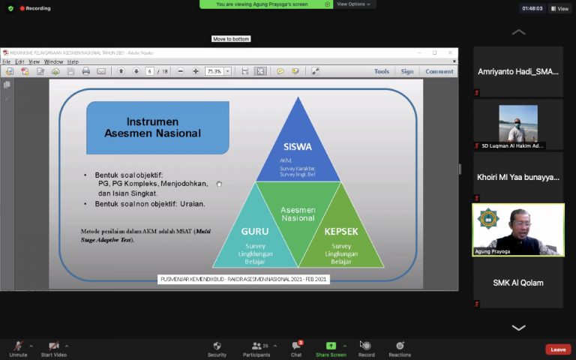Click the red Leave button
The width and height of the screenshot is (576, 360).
pos(558,349)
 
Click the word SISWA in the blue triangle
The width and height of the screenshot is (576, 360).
pos(298,147)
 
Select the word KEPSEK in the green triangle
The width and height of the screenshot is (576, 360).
pos(340,232)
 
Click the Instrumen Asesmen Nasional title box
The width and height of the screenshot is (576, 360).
pos(157,127)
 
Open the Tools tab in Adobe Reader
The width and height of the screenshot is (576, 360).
pos(382,71)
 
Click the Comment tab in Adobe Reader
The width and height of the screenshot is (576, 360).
pos(439,71)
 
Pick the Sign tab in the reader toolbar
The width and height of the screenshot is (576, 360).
pos(407,71)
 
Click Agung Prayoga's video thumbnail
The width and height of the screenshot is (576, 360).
pos(518,229)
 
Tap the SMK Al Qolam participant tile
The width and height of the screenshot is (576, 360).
pos(518,283)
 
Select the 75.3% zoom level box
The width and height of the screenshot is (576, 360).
pos(217,71)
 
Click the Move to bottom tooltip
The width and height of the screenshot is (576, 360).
pos(231,39)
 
